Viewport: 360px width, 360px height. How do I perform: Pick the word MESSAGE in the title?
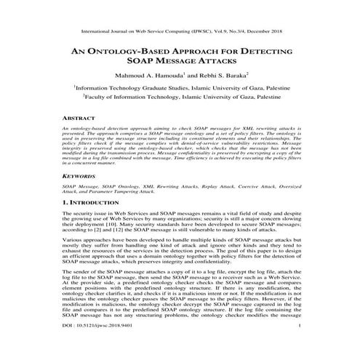[180, 63]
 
